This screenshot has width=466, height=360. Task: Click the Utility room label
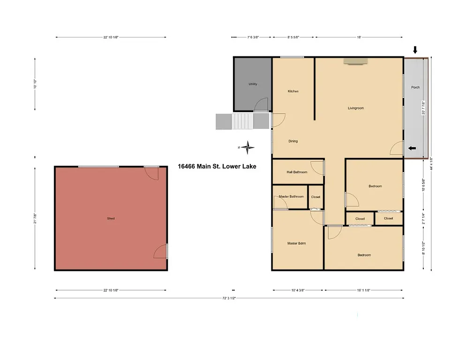coord(253,84)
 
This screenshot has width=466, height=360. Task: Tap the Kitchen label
coord(293,91)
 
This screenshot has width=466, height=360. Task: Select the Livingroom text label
coord(355,108)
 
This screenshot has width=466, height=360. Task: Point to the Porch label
coord(415,88)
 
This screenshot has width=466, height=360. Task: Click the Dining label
coord(293,141)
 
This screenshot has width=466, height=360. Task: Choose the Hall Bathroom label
coord(297,172)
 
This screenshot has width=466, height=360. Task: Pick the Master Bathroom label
coord(291,197)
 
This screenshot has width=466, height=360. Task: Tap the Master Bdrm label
coord(296,243)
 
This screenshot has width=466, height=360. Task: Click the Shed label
coord(111,218)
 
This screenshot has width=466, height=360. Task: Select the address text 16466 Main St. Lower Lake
coord(217,166)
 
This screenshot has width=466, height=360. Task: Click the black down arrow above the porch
coord(415,50)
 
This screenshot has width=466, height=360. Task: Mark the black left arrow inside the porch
coord(412,148)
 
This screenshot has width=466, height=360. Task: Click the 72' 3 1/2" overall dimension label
coord(228,298)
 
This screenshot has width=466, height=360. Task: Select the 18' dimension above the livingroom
coord(359,37)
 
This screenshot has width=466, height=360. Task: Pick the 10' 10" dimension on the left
coord(35,84)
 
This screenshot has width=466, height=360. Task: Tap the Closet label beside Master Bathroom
coord(316,197)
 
